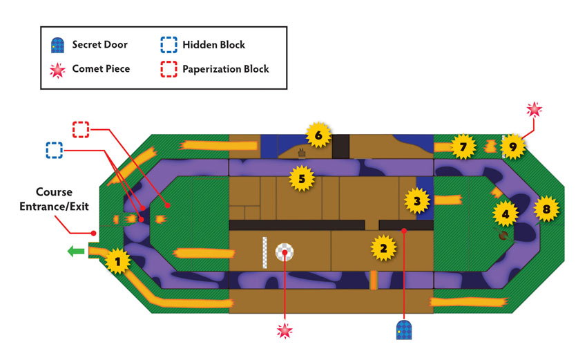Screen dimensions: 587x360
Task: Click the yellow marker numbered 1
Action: (x=118, y=261)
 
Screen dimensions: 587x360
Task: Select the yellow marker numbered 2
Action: (x=383, y=248)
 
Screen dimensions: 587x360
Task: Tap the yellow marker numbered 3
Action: (x=417, y=201)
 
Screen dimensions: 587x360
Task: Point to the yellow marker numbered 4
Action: (x=506, y=214)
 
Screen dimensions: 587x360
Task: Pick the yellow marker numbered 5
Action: (x=302, y=179)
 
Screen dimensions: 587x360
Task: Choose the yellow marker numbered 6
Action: (x=318, y=135)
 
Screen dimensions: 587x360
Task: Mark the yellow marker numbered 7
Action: (x=463, y=146)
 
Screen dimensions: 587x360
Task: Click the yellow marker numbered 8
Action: (x=546, y=209)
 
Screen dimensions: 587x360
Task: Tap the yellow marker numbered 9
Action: (x=513, y=146)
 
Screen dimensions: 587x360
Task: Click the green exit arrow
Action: (x=76, y=251)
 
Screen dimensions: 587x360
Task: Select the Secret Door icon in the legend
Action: (x=57, y=45)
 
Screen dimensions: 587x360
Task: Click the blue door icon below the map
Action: (x=404, y=330)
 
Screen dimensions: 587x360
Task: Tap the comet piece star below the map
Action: (x=285, y=331)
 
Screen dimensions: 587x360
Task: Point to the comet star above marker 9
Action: (x=535, y=109)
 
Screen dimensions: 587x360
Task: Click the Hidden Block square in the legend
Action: (x=169, y=45)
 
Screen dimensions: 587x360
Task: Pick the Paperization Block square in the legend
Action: (x=169, y=69)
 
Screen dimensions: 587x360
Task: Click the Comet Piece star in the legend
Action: (x=57, y=70)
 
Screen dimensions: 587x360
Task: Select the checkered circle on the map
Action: (x=285, y=252)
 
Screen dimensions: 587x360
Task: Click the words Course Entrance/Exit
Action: (x=55, y=199)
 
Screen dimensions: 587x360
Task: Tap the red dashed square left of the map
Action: (x=81, y=129)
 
